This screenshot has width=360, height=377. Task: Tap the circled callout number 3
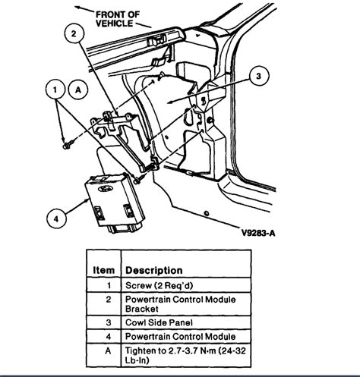click(259, 76)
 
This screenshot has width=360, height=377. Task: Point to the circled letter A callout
click(77, 89)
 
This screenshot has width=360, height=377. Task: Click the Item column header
click(104, 270)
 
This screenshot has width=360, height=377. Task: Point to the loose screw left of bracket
click(68, 143)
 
